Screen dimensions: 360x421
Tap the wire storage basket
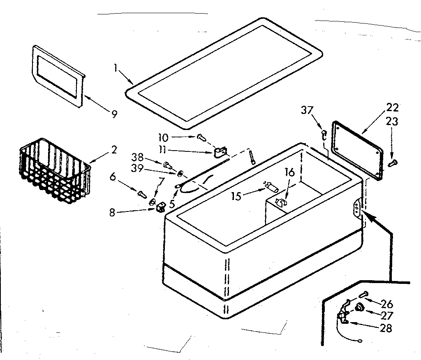tap(54, 170)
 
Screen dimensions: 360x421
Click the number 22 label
tap(393, 108)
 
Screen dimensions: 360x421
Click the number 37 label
tap(306, 110)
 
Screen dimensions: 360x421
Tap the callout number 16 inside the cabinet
tap(290, 172)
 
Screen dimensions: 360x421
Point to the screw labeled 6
tap(142, 192)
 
